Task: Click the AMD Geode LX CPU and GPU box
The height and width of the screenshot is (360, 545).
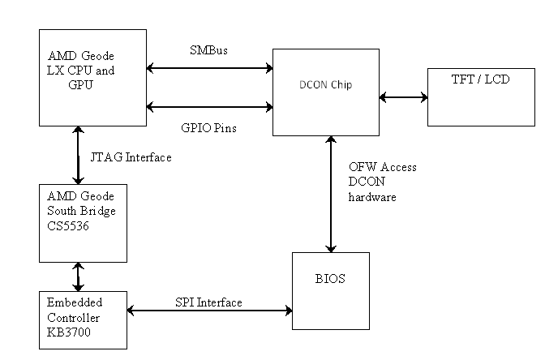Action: point(93,76)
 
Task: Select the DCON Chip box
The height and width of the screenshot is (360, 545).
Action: point(325,92)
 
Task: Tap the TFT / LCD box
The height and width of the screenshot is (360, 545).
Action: point(482,96)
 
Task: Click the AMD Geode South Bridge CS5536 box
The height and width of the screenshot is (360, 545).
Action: point(84,223)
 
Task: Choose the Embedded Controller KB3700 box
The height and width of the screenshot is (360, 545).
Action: point(84,320)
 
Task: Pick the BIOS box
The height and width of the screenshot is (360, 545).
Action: point(330,290)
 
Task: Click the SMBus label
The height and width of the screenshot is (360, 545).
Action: point(208,50)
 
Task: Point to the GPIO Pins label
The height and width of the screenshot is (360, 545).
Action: point(210,127)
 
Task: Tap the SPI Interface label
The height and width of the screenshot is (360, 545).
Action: point(208,302)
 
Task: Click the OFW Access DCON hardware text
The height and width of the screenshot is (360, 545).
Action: point(383,182)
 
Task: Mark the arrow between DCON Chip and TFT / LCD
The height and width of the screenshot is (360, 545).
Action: point(404,97)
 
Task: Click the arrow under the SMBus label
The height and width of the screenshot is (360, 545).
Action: point(209,68)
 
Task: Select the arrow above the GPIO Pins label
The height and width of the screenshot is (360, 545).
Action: point(209,105)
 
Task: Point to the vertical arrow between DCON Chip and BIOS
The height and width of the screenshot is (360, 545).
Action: point(330,194)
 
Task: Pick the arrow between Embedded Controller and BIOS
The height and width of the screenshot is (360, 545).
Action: point(209,311)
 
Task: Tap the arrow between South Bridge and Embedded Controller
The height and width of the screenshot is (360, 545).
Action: point(79,276)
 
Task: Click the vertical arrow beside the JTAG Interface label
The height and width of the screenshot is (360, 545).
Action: point(79,154)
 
